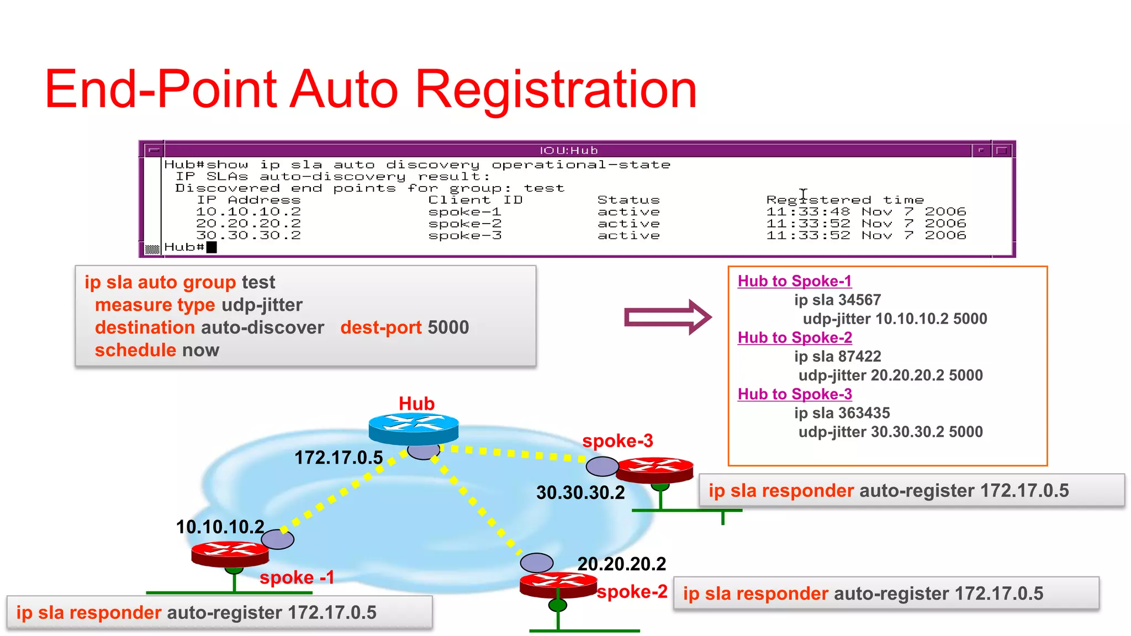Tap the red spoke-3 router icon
pyautogui.click(x=654, y=469)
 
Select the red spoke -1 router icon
pyautogui.click(x=230, y=554)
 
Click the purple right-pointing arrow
pyautogui.click(x=667, y=317)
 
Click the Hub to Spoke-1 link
pyautogui.click(x=794, y=281)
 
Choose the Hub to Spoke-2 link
pyautogui.click(x=795, y=337)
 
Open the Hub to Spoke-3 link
pyautogui.click(x=795, y=394)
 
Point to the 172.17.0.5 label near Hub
pyautogui.click(x=339, y=458)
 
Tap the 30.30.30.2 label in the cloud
pyautogui.click(x=580, y=492)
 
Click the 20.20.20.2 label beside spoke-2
pyautogui.click(x=621, y=564)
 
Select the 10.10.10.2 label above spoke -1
pyautogui.click(x=220, y=527)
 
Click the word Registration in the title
pyautogui.click(x=556, y=89)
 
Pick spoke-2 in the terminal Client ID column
pyautogui.click(x=465, y=224)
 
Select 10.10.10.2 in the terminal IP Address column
pyautogui.click(x=249, y=212)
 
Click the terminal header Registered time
pyautogui.click(x=844, y=200)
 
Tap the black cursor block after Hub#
pyautogui.click(x=212, y=247)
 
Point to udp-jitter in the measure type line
pyautogui.click(x=262, y=305)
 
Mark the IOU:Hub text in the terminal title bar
pyautogui.click(x=568, y=150)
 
